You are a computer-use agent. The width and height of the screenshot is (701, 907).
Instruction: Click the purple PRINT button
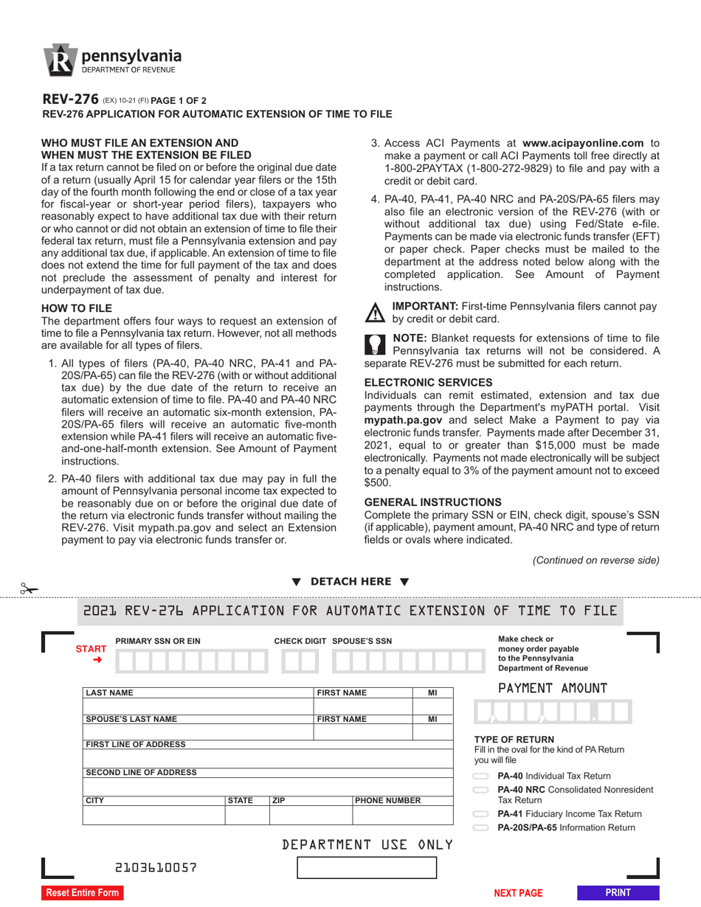click(x=618, y=892)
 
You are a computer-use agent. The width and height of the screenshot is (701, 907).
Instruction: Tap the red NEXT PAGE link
click(x=518, y=893)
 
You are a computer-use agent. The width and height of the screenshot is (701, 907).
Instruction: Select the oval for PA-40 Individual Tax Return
click(x=481, y=776)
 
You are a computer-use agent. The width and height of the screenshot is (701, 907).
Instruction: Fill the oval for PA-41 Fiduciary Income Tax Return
click(x=481, y=814)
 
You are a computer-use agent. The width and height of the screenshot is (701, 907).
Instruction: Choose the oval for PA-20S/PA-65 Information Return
click(x=481, y=828)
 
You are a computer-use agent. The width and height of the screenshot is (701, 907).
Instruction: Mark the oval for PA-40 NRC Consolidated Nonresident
click(x=481, y=790)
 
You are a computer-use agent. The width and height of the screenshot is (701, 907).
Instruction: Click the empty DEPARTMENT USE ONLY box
click(x=366, y=867)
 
